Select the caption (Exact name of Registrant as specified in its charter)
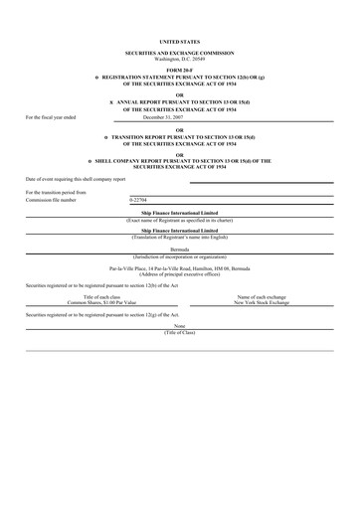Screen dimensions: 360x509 [180, 218]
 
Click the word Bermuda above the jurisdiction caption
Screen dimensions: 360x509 [180, 251]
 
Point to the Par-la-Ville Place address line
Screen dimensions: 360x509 [180, 269]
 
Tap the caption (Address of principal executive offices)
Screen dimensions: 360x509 [180, 275]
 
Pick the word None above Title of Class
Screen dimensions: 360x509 [180, 324]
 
